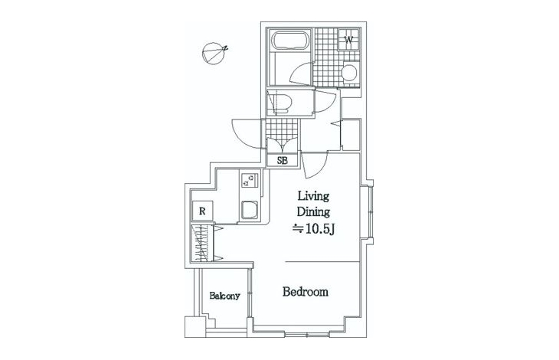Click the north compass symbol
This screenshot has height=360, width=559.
213,54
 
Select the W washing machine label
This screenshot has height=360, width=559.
349,40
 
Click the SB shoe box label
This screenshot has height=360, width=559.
283,161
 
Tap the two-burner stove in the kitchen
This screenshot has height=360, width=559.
249,180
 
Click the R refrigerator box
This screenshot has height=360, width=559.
202,211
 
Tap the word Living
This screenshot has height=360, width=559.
313,196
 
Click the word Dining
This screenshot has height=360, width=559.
313,211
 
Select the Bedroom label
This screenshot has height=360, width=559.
306,292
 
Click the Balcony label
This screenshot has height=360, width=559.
224,296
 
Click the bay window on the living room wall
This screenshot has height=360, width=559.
371,212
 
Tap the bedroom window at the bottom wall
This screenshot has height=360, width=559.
308,335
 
